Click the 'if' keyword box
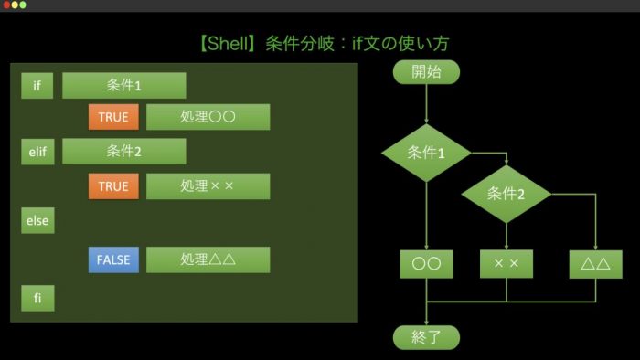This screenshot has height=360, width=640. (x=37, y=86)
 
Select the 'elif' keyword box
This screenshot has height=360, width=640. (x=37, y=152)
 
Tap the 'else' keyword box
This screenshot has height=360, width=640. (x=37, y=220)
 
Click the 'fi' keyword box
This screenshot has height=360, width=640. (x=37, y=298)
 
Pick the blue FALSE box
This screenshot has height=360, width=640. (x=113, y=259)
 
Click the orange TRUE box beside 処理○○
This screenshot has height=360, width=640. (x=113, y=117)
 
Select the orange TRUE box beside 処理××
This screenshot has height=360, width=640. (x=113, y=186)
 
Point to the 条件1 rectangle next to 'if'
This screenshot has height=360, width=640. (x=124, y=86)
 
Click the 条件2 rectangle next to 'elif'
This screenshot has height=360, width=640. (x=124, y=152)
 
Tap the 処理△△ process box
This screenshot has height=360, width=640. (x=208, y=259)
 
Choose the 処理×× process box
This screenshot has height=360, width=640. (x=208, y=186)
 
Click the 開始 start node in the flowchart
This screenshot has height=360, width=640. (x=427, y=72)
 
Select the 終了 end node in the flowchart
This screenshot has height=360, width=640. (x=427, y=337)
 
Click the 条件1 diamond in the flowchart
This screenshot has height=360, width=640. (x=427, y=153)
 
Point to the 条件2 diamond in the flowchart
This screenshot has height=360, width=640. (x=507, y=194)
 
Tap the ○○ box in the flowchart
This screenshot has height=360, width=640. (x=427, y=264)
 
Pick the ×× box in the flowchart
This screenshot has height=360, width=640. (x=507, y=264)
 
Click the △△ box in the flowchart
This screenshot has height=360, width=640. (x=596, y=264)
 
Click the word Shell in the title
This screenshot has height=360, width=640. (x=229, y=43)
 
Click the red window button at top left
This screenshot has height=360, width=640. (x=6, y=5)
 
